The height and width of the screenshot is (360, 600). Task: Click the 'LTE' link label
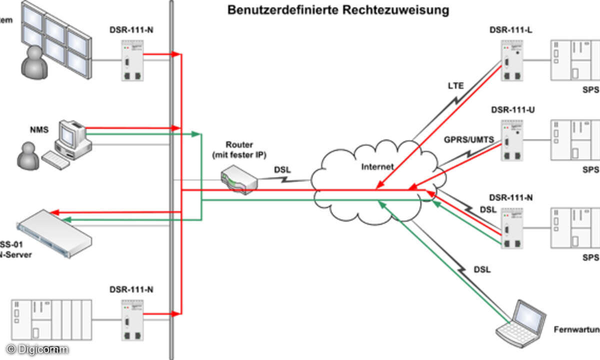[455, 85]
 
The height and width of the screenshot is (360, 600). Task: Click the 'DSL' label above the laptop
[482, 269]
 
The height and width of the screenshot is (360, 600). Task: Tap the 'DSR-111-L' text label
[511, 30]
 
